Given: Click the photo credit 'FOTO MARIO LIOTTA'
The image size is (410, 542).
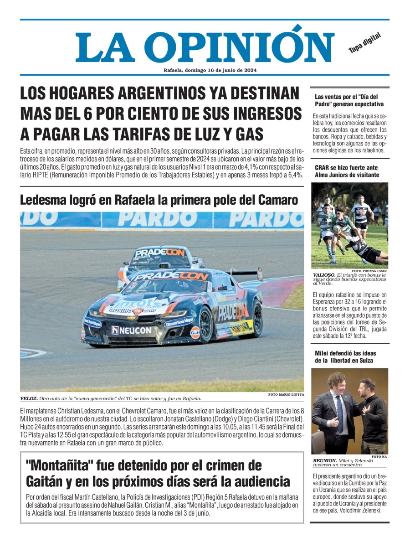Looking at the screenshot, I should pyautogui.click(x=286, y=394).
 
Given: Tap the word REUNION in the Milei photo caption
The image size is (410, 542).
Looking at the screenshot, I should pyautogui.click(x=325, y=460).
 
